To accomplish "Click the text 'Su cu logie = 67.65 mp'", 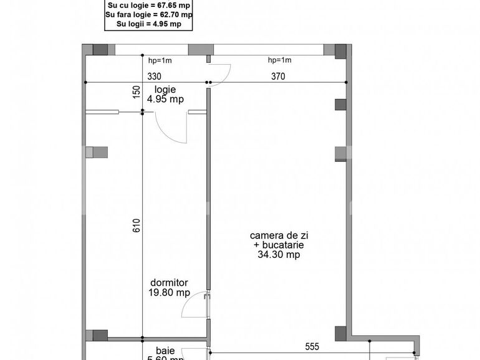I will [149, 4].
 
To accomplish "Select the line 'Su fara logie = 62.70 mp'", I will [149, 14].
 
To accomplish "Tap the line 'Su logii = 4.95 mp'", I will [149, 24].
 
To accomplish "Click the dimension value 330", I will [154, 77].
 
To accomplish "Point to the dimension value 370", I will [277, 77].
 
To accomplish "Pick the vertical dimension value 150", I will [136, 92].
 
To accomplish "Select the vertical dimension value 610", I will [136, 225].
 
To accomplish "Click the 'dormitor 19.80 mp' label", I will [169, 288].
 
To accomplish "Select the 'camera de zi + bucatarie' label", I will [279, 245].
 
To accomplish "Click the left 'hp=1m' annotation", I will [160, 60].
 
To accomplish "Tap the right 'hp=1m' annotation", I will [279, 60].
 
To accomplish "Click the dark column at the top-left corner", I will [100, 50].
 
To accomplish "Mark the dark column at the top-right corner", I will [340, 50].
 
